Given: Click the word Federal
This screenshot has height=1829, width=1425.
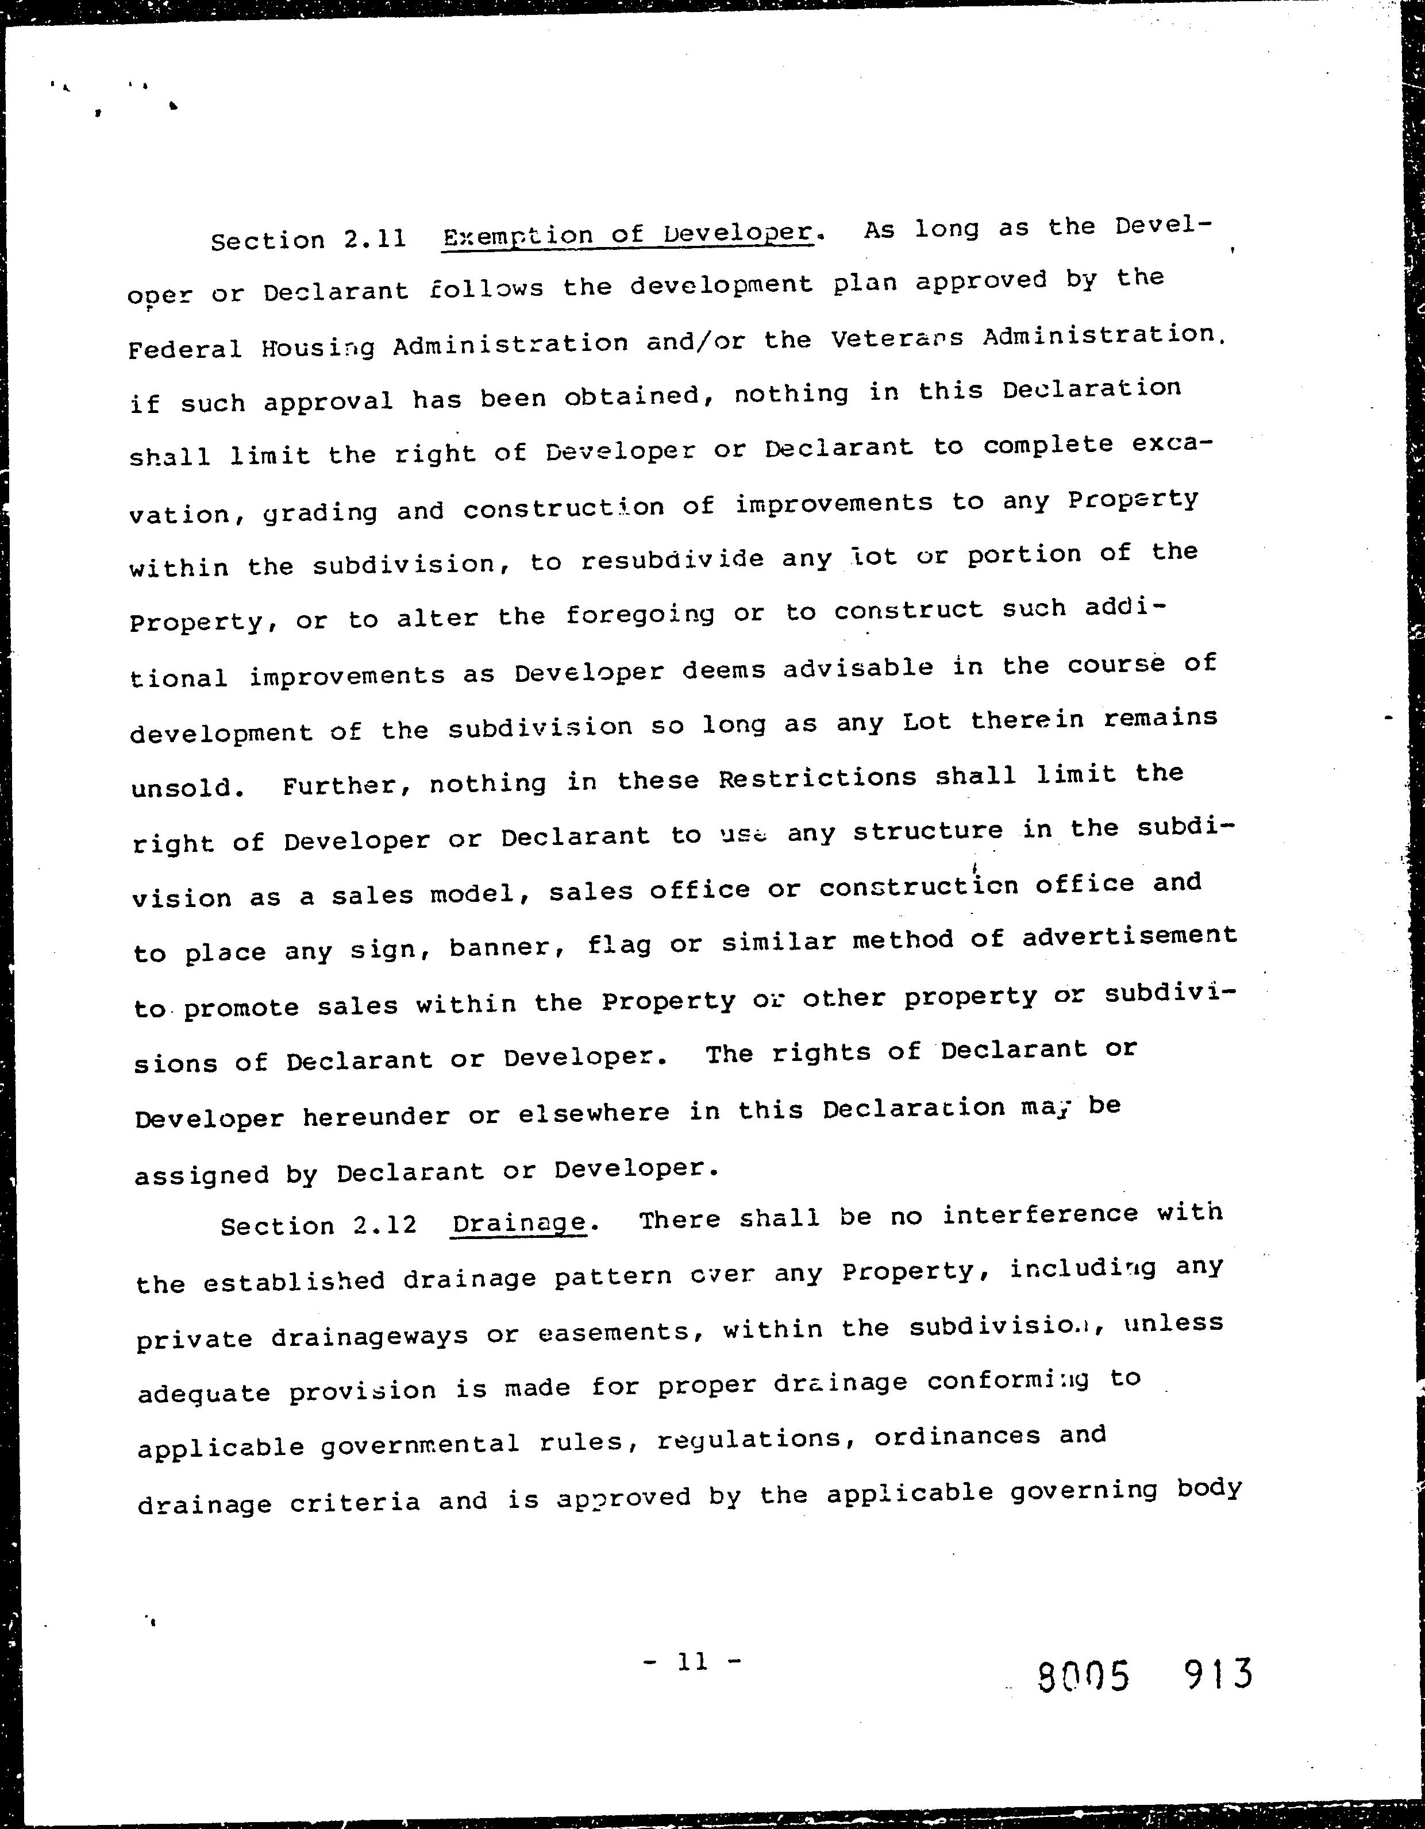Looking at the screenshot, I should [x=185, y=348].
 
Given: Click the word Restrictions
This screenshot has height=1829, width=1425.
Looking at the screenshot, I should [x=818, y=778].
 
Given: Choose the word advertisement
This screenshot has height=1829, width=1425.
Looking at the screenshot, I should [x=1129, y=935].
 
